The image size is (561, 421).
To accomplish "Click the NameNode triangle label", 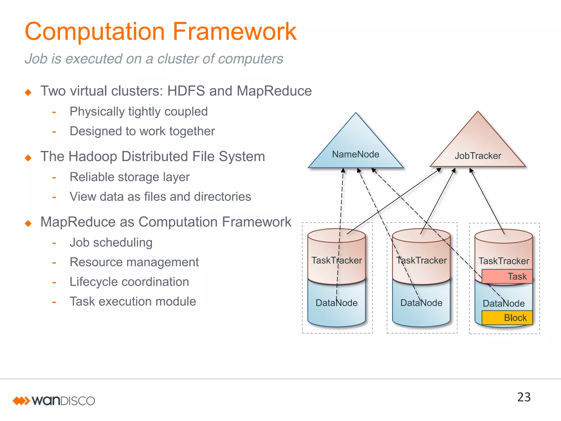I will pyautogui.click(x=355, y=154).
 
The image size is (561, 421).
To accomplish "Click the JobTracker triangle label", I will pyautogui.click(x=477, y=156).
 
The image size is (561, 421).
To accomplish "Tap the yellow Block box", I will pyautogui.click(x=507, y=318).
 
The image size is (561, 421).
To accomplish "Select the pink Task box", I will pyautogui.click(x=507, y=276).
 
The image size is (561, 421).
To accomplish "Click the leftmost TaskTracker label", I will pyautogui.click(x=336, y=260).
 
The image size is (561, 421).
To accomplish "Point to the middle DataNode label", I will pyautogui.click(x=421, y=303).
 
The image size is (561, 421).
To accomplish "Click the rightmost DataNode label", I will pyautogui.click(x=503, y=303).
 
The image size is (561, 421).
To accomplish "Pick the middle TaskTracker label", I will pyautogui.click(x=421, y=260).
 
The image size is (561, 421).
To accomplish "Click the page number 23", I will pyautogui.click(x=524, y=397).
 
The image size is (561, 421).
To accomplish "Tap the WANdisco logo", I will pyautogui.click(x=54, y=401).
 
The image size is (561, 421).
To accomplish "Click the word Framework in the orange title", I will pyautogui.click(x=234, y=32).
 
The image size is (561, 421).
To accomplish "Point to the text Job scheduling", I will pyautogui.click(x=111, y=243).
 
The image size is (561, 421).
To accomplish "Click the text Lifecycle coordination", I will pyautogui.click(x=129, y=282).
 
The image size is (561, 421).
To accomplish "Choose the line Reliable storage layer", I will pyautogui.click(x=129, y=177).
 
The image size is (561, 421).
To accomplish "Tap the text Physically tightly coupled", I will pyautogui.click(x=138, y=112).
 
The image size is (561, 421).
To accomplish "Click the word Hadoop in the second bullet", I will pyautogui.click(x=93, y=157).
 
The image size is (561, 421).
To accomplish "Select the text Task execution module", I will pyautogui.click(x=133, y=301).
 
